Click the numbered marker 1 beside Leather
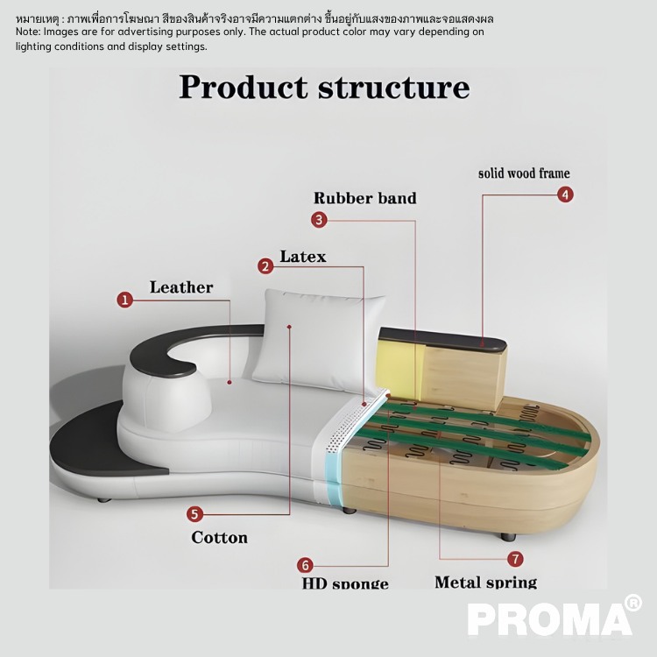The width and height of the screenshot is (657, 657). pyautogui.click(x=125, y=300)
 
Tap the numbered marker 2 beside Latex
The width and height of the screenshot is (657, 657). pyautogui.click(x=265, y=265)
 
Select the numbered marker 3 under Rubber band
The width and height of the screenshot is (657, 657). pyautogui.click(x=320, y=220)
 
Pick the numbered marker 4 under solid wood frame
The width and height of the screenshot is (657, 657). pyautogui.click(x=566, y=194)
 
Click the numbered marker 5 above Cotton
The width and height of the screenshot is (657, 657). pyautogui.click(x=194, y=514)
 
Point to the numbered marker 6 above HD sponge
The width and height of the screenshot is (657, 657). pyautogui.click(x=305, y=565)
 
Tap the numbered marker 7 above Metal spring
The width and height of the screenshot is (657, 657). pyautogui.click(x=515, y=559)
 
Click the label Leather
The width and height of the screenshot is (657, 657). pyautogui.click(x=181, y=287)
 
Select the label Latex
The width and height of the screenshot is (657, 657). pyautogui.click(x=303, y=257)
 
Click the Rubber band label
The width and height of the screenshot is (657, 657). pyautogui.click(x=364, y=198)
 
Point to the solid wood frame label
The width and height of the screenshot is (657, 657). pyautogui.click(x=524, y=173)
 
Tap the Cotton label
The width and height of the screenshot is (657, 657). pyautogui.click(x=219, y=537)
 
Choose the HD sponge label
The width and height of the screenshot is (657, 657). pyautogui.click(x=345, y=583)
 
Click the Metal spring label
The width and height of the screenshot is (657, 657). pyautogui.click(x=485, y=582)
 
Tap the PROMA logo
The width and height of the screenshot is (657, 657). pyautogui.click(x=549, y=618)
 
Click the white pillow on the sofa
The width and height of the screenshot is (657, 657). pyautogui.click(x=321, y=337)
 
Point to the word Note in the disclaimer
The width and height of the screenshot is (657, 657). pyautogui.click(x=27, y=32)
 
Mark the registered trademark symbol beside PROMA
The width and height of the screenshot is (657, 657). pyautogui.click(x=632, y=602)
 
